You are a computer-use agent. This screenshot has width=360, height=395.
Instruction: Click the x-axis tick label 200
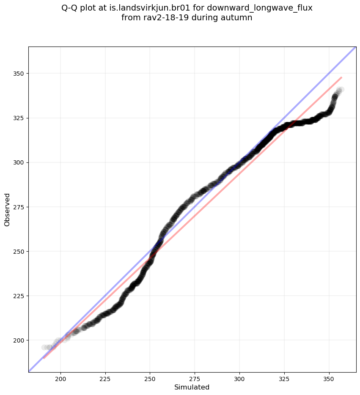[x=60, y=379]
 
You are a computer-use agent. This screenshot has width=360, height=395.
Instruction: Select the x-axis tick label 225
[x=105, y=379]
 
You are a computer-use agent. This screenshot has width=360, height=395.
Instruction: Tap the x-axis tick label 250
[x=150, y=379]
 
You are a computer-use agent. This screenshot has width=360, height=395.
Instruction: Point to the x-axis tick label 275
[x=195, y=379]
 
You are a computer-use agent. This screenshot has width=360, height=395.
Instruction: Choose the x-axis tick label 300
[x=239, y=379]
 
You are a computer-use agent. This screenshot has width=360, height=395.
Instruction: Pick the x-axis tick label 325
[x=284, y=379]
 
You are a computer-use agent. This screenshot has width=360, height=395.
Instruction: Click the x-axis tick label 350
[x=329, y=379]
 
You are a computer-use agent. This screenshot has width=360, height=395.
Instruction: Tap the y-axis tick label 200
[x=19, y=340]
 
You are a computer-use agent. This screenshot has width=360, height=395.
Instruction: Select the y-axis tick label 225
[x=19, y=296]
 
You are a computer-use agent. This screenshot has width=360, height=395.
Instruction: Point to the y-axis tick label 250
[x=19, y=251]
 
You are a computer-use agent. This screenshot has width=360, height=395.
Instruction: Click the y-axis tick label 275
[x=19, y=207]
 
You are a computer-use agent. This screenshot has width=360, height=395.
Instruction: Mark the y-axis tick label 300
[x=19, y=162]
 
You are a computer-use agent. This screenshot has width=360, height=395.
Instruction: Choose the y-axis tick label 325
[x=19, y=118]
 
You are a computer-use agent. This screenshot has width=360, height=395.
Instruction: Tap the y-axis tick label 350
[x=19, y=74]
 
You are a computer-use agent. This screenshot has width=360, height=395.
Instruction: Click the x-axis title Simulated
[x=192, y=387]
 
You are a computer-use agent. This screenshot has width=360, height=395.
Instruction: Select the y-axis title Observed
[x=7, y=209]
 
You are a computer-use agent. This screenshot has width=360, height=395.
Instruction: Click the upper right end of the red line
[x=341, y=77]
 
